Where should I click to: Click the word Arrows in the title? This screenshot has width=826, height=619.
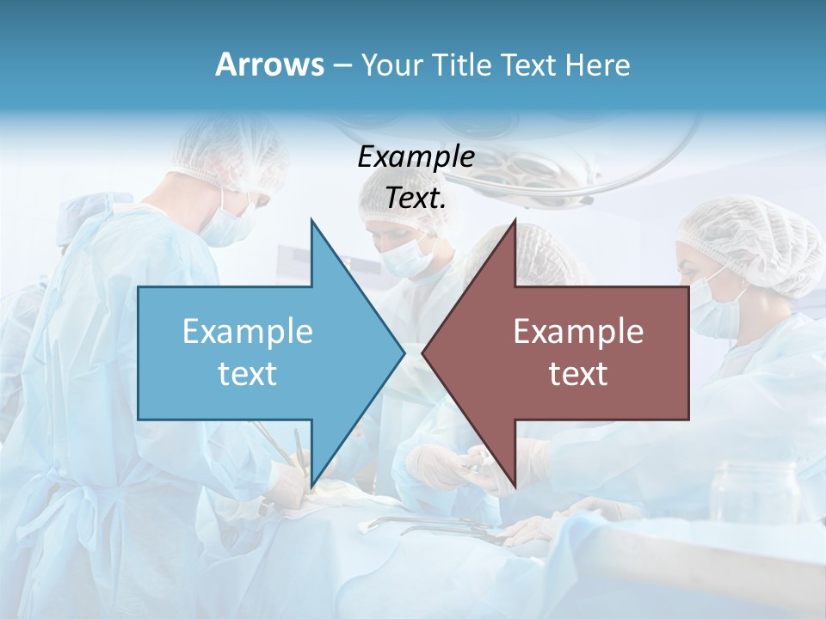[x=269, y=64]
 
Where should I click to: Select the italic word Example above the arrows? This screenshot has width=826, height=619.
[x=416, y=157]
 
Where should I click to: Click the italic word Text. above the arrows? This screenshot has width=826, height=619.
[x=416, y=198]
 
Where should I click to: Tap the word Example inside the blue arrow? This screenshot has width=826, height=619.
[x=248, y=332]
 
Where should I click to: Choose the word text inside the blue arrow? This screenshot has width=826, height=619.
[x=248, y=373]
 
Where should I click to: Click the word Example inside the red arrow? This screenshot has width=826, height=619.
[x=578, y=332]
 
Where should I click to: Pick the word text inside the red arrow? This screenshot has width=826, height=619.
[x=578, y=373]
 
